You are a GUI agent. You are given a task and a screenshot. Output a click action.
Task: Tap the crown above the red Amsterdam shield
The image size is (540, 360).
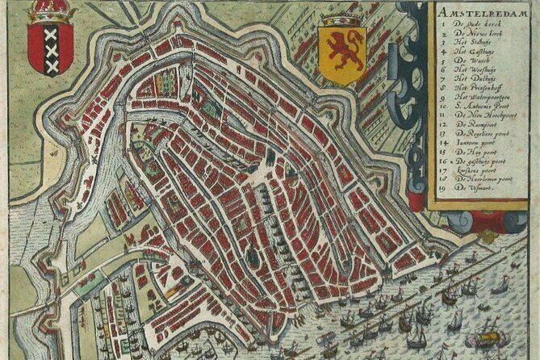51,12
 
